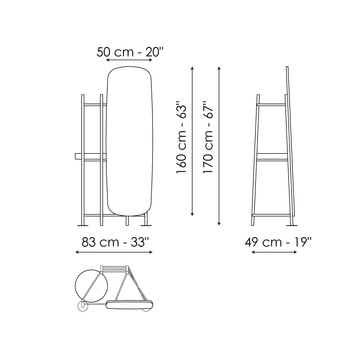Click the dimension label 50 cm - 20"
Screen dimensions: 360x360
130,52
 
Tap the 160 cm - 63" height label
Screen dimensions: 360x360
182,139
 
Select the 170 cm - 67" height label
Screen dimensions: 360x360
208,137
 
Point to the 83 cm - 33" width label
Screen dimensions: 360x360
114,242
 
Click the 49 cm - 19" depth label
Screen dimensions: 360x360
278,242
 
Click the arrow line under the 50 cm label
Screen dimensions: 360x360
129,60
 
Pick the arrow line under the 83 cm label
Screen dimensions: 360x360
114,252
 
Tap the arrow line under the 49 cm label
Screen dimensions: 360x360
274,252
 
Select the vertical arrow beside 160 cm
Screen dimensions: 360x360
192,141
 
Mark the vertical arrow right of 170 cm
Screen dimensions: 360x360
219,146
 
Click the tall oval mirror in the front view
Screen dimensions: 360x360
130,141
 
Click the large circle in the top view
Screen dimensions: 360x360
92,285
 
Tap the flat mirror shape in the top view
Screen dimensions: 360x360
129,305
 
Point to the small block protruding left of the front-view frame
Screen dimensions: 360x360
78,156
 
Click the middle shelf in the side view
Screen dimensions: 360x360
272,155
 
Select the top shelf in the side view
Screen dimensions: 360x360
271,105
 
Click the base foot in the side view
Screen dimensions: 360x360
292,225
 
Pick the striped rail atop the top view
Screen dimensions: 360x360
114,268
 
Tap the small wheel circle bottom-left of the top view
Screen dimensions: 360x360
82,306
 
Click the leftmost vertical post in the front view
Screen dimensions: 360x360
83,160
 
